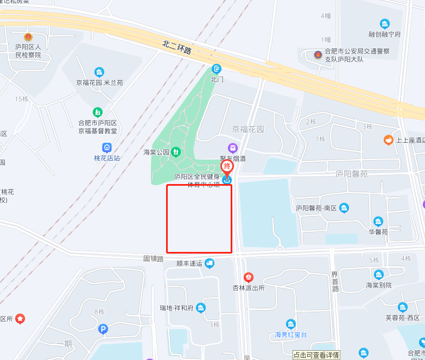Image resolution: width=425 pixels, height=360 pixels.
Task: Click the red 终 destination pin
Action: pyautogui.click(x=227, y=167)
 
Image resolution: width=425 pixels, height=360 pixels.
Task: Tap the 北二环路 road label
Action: pyautogui.click(x=177, y=47)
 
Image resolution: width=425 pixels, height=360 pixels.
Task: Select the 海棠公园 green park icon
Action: pyautogui.click(x=175, y=151)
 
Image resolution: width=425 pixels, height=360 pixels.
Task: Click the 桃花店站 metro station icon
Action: pyautogui.click(x=107, y=147)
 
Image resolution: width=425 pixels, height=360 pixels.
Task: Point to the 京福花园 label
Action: pyautogui.click(x=248, y=130)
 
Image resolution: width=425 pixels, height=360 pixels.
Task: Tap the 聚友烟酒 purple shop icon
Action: pyautogui.click(x=232, y=148)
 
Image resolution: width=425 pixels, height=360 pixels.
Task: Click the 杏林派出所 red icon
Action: pyautogui.click(x=248, y=277)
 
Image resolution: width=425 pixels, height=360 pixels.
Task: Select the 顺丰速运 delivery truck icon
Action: pyautogui.click(x=210, y=263)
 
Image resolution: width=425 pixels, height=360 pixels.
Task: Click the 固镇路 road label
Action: pyautogui.click(x=153, y=259)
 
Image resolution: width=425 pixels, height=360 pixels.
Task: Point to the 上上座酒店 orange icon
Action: pyautogui.click(x=388, y=140)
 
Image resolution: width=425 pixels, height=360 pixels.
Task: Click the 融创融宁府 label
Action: pyautogui.click(x=384, y=34)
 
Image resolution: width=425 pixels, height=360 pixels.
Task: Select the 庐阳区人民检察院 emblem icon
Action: pyautogui.click(x=28, y=37)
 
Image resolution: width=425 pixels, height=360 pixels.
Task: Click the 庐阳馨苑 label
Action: pyautogui.click(x=351, y=174)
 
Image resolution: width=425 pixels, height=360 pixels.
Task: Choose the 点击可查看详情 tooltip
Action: pyautogui.click(x=316, y=355)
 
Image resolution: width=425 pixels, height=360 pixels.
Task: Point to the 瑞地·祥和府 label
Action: pyautogui.click(x=177, y=308)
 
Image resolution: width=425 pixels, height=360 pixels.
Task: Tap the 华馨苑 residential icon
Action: pyautogui.click(x=378, y=222)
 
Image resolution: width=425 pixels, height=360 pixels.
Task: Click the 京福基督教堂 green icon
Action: pyautogui.click(x=98, y=112)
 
